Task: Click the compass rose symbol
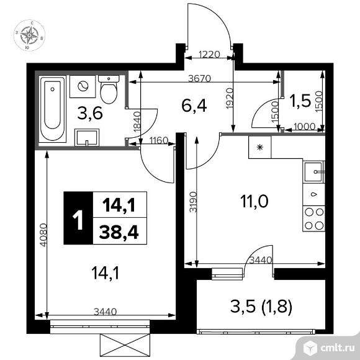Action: click(29, 35)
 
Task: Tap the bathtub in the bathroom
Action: click(53, 109)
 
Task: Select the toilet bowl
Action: click(109, 89)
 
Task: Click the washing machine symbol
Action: click(83, 86)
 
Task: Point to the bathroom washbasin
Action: click(87, 137)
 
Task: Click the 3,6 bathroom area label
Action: click(90, 114)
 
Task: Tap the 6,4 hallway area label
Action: click(194, 106)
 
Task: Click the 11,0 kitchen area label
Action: click(254, 201)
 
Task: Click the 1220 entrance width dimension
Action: click(209, 55)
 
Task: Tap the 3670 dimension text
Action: click(199, 79)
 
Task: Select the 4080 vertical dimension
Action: click(43, 235)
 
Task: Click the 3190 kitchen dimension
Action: click(194, 202)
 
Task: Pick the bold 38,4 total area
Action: click(119, 232)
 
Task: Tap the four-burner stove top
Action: click(313, 218)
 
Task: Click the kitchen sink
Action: click(313, 172)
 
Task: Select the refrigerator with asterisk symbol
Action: click(260, 147)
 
